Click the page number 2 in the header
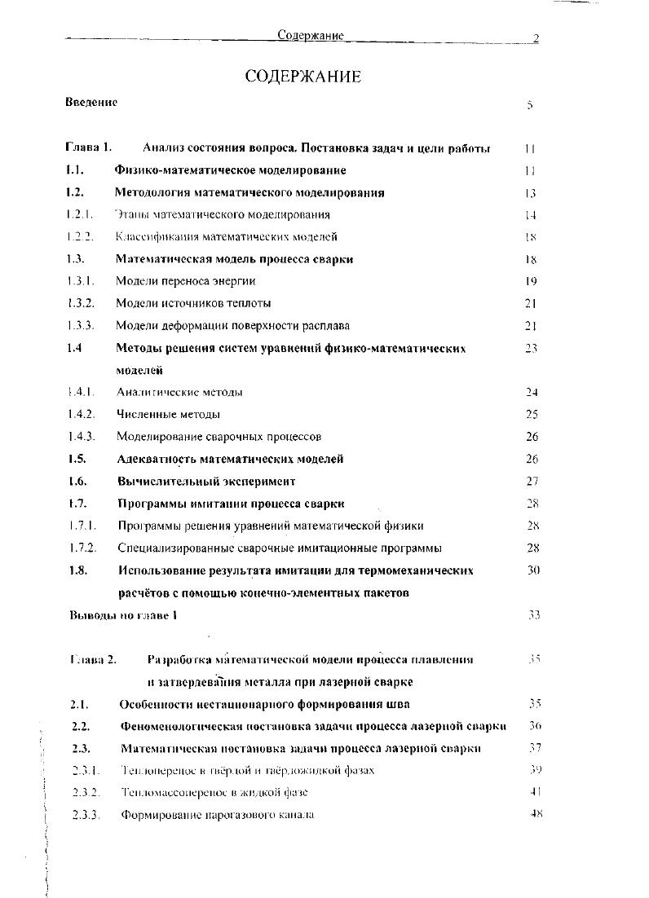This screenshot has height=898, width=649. click(536, 37)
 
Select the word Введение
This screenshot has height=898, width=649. click(91, 103)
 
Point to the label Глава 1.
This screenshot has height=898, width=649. click(88, 148)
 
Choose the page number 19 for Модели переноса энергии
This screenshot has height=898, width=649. click(531, 281)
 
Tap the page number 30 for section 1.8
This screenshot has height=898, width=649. click(533, 570)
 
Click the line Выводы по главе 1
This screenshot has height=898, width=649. click(123, 615)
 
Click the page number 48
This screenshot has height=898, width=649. click(536, 813)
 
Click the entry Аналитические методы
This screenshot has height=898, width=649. click(179, 392)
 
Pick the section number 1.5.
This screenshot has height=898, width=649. click(78, 459)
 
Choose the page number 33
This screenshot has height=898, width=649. click(534, 615)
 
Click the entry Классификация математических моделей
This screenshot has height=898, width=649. click(226, 237)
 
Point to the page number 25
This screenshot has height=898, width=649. click(532, 414)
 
